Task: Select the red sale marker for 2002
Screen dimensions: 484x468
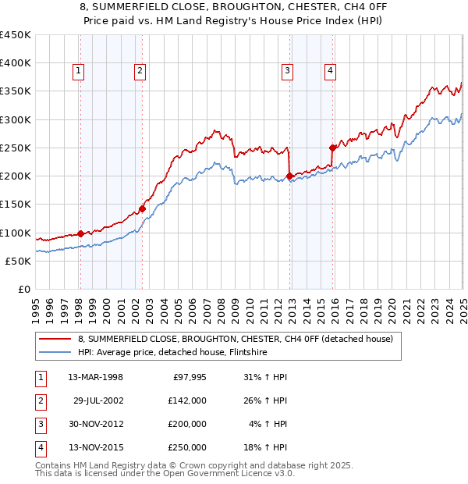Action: point(143,208)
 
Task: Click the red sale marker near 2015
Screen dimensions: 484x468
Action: point(333,148)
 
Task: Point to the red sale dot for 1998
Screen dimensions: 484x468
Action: point(80,233)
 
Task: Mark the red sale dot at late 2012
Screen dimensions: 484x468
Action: point(290,176)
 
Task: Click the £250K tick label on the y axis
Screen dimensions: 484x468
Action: point(16,148)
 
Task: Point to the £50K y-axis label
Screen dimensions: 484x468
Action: point(19,261)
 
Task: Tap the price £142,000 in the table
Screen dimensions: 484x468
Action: point(188,401)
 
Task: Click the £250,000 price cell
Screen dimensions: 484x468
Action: point(188,447)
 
